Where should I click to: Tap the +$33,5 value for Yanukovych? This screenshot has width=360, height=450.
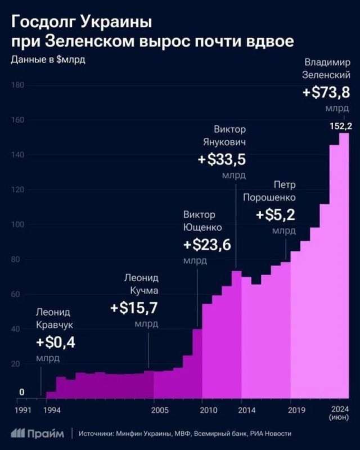222,160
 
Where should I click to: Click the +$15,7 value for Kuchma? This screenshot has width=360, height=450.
134,308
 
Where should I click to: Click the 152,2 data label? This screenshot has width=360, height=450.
340,125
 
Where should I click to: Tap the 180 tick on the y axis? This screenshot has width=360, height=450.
17,85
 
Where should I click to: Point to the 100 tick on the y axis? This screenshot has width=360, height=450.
17,225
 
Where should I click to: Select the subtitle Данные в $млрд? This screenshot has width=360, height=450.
48,60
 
